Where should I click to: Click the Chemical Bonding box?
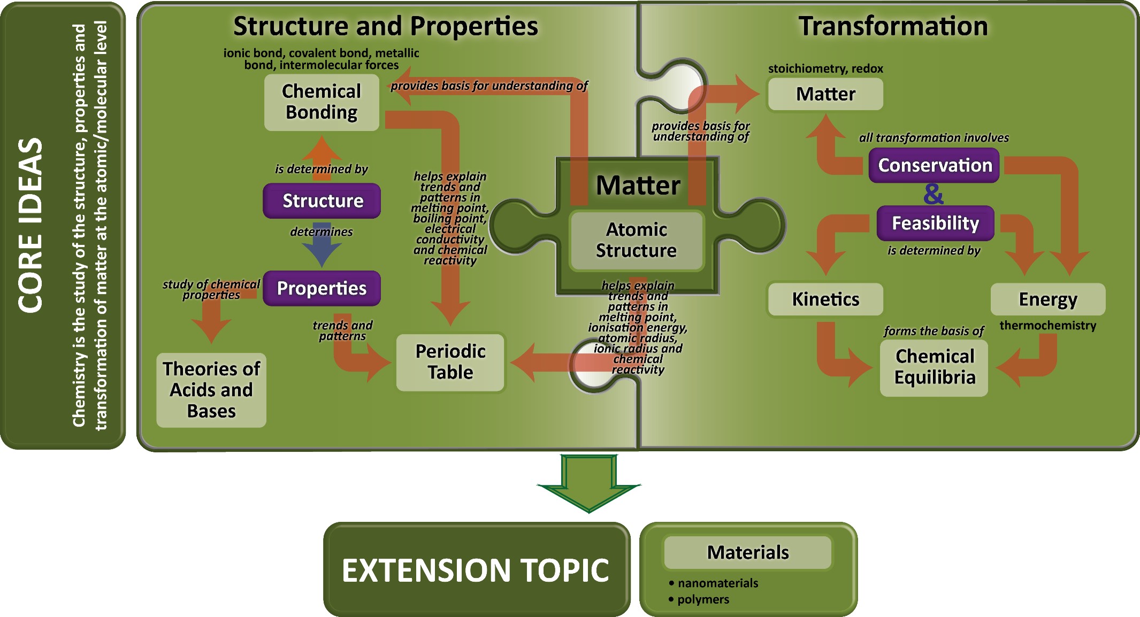[322, 102]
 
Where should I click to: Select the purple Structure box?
[322, 201]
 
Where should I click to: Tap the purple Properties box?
[322, 289]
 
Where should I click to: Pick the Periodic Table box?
[450, 362]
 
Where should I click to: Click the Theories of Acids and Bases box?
[211, 390]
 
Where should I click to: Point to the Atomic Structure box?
[636, 240]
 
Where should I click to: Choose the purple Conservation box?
[934, 165]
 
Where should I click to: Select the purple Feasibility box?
[935, 223]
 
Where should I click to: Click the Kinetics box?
[825, 299]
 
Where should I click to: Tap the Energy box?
[1047, 299]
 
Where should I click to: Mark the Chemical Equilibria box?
[934, 367]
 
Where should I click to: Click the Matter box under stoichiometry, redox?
[825, 94]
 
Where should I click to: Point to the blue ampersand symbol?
[933, 194]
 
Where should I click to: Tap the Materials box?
[747, 552]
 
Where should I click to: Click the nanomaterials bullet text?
[717, 583]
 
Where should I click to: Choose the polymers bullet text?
[703, 599]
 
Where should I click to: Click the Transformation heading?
[893, 26]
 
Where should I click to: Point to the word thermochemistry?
[1047, 325]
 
